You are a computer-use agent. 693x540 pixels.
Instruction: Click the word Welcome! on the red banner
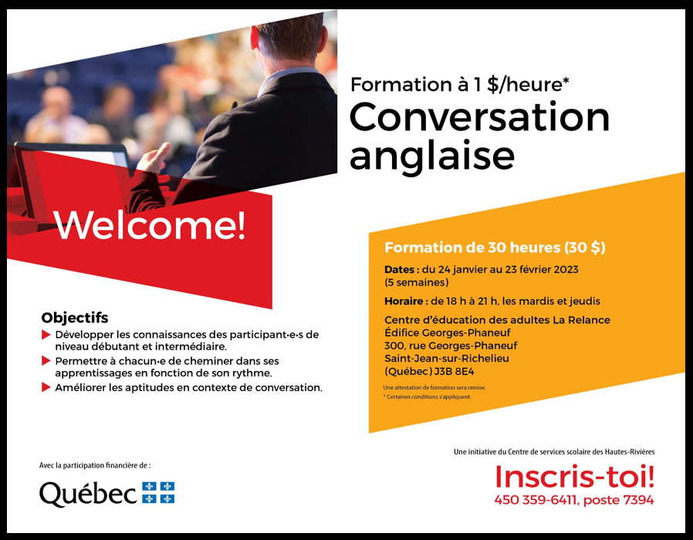click(x=150, y=225)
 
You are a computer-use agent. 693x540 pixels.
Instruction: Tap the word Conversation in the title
click(x=479, y=116)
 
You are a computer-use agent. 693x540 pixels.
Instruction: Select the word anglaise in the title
click(x=432, y=157)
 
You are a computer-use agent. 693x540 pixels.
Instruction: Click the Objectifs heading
click(x=75, y=318)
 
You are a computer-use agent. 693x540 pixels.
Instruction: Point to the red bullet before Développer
click(x=46, y=335)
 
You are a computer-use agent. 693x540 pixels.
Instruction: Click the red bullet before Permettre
click(x=46, y=361)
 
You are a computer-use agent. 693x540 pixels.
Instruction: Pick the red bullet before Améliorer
click(x=46, y=387)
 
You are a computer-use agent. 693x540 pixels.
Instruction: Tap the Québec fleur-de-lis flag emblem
click(x=158, y=492)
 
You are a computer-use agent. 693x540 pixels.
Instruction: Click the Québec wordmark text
click(x=88, y=494)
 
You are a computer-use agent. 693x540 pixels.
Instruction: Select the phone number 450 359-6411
click(x=536, y=500)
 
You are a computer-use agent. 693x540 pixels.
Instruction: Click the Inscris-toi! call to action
click(x=574, y=477)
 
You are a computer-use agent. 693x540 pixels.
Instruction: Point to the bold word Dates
click(x=399, y=269)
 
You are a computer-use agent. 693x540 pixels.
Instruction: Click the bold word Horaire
click(x=404, y=302)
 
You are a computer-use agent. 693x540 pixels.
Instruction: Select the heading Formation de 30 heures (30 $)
click(x=495, y=248)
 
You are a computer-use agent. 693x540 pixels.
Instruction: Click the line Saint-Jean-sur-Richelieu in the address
click(x=447, y=359)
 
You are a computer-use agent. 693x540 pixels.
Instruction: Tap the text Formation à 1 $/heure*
click(x=460, y=84)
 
